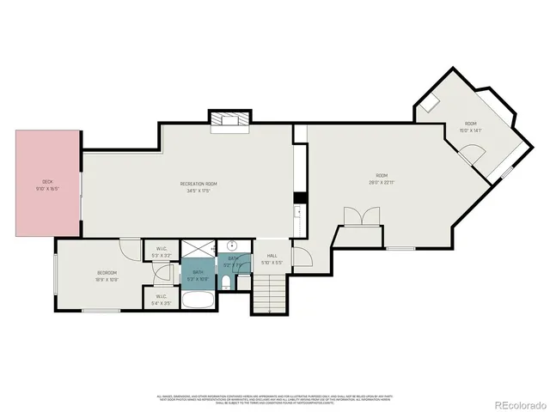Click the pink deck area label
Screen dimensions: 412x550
(48, 185)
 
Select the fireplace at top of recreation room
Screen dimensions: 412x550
(229, 119)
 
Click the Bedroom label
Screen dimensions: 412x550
(107, 276)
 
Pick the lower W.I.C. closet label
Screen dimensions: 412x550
(161, 300)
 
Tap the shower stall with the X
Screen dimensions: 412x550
(199, 250)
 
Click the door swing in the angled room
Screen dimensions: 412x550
(470, 155)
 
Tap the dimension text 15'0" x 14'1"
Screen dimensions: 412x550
(470, 131)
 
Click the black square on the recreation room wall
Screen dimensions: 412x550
(300, 198)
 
